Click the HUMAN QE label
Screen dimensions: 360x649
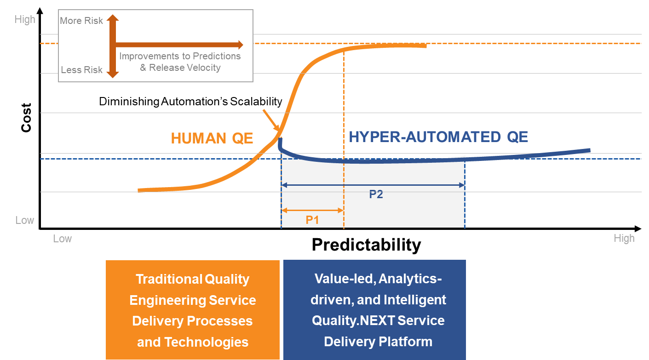[212, 138]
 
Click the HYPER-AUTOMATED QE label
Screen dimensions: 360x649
[438, 137]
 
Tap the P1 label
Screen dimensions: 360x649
[312, 220]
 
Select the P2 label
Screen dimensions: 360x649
[376, 194]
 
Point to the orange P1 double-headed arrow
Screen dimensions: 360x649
[313, 211]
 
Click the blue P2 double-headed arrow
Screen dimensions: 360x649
[373, 185]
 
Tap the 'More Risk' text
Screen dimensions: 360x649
[81, 21]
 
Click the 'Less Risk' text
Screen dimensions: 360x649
[81, 70]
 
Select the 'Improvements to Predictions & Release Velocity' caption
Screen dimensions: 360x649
[180, 62]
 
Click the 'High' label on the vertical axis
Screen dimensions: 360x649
[25, 20]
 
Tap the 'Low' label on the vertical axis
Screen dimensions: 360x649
[25, 220]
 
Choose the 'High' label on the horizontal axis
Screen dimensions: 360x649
[624, 238]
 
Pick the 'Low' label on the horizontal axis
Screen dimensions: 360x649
[62, 239]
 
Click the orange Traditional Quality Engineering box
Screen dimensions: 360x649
[193, 309]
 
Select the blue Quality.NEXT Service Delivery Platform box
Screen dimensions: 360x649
[375, 309]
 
